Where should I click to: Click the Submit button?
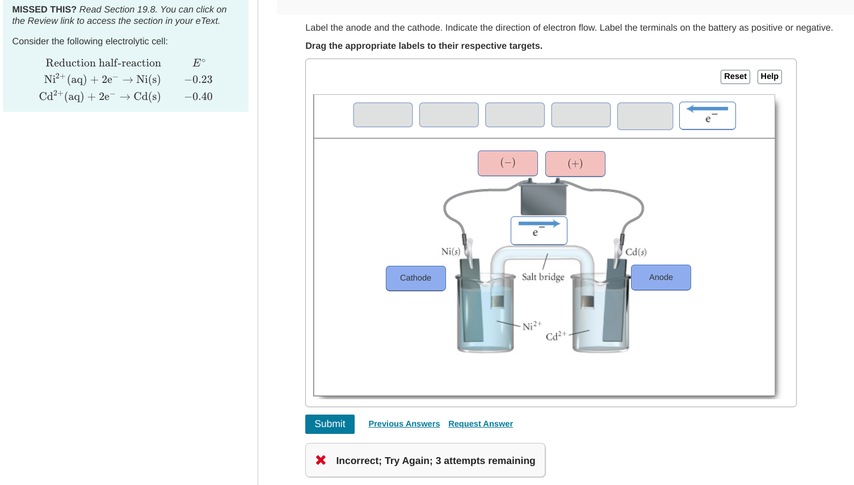[330, 424]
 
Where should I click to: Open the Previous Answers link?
[404, 424]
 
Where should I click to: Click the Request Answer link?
[480, 424]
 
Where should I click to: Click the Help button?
[769, 77]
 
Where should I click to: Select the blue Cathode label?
[415, 278]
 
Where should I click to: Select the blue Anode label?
[661, 277]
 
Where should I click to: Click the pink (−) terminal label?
[507, 163]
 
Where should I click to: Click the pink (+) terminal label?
[575, 164]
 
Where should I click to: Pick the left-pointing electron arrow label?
[707, 115]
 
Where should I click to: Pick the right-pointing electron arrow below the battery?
[539, 230]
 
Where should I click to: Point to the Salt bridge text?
[543, 277]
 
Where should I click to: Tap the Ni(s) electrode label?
[451, 252]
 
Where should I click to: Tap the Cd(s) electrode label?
[636, 252]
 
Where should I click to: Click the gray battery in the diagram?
[543, 198]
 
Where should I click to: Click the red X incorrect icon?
[321, 460]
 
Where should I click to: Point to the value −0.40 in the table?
[198, 97]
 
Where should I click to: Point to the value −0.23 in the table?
[198, 80]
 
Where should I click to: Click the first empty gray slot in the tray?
[382, 115]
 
